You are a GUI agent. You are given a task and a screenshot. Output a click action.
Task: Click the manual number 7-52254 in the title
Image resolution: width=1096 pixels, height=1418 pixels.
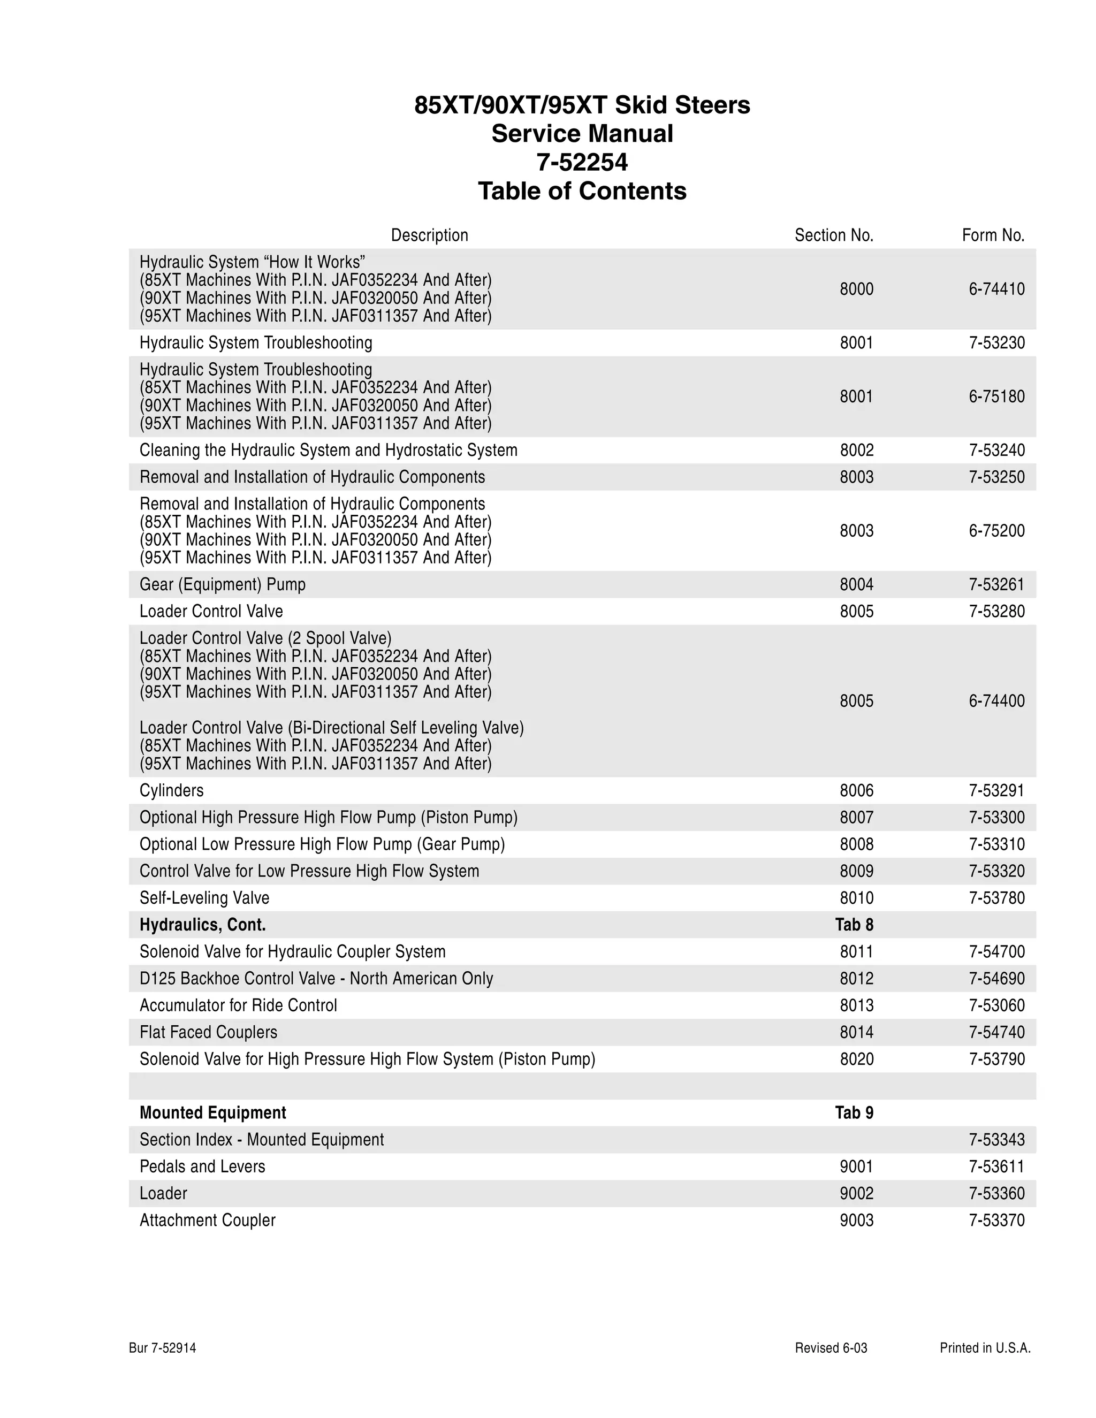click(x=582, y=162)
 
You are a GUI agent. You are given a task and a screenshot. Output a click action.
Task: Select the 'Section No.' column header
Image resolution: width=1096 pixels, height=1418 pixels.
click(x=834, y=235)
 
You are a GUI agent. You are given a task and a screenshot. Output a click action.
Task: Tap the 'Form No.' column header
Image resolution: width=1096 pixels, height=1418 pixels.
click(x=993, y=235)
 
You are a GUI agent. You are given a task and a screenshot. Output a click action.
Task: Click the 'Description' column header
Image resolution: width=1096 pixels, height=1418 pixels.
click(x=429, y=235)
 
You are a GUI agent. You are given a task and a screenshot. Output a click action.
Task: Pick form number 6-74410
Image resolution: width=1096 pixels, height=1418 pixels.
click(x=996, y=289)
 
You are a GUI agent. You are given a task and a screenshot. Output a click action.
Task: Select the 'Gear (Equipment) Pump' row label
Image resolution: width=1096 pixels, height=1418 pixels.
click(x=222, y=584)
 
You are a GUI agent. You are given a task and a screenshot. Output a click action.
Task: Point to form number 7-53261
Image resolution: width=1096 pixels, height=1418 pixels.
click(x=996, y=584)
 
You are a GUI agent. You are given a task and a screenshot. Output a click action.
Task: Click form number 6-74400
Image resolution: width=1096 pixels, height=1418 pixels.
click(x=996, y=700)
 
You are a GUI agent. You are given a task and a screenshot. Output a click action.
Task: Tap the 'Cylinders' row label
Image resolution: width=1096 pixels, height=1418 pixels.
click(x=171, y=790)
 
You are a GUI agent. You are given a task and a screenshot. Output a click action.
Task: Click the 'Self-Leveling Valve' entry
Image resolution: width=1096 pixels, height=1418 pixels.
click(x=204, y=898)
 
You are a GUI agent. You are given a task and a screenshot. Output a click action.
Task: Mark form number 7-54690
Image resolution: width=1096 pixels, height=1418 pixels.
click(x=996, y=979)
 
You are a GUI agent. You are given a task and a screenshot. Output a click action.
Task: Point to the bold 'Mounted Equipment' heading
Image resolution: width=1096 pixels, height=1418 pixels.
click(x=212, y=1113)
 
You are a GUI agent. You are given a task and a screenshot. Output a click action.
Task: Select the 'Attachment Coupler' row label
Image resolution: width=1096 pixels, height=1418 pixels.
click(x=207, y=1220)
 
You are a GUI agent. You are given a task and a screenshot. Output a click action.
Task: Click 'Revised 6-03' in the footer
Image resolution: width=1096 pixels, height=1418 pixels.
click(x=831, y=1348)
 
